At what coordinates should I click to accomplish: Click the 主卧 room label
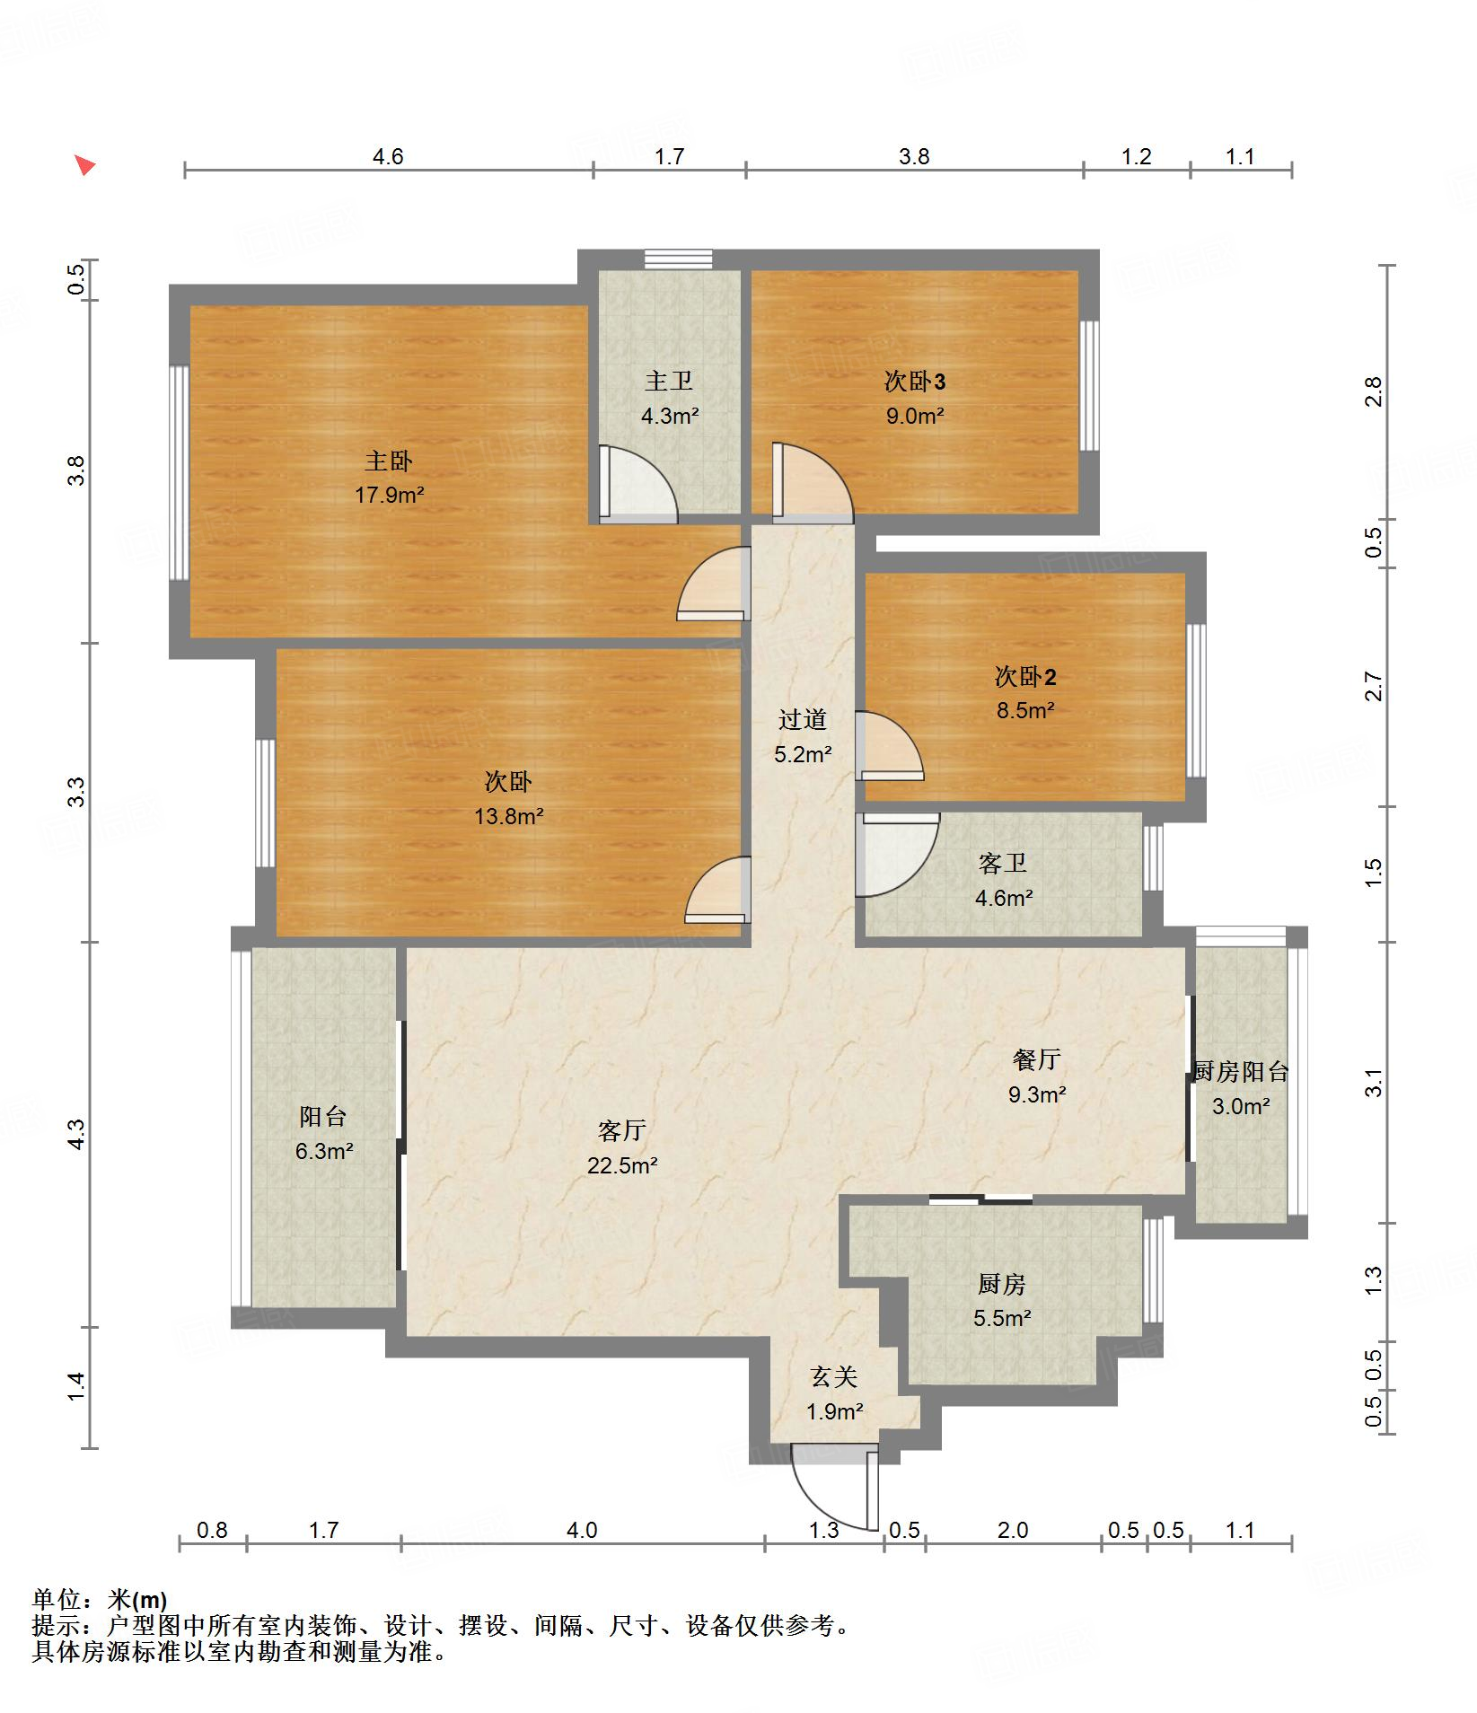[388, 461]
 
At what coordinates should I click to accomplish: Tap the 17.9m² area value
[389, 495]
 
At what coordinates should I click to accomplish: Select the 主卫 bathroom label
[669, 382]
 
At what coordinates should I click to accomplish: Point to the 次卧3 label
[915, 382]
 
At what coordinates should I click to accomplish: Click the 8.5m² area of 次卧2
[1024, 710]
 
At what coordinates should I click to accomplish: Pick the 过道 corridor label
[803, 720]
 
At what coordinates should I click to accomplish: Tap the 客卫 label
[1003, 864]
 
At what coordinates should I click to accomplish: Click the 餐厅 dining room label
[1037, 1060]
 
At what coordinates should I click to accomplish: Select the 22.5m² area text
[622, 1165]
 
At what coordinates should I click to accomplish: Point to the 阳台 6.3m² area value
[324, 1151]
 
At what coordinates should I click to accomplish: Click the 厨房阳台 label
[1241, 1072]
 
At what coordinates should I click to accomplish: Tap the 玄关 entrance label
[834, 1376]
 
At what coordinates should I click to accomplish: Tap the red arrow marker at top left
[84, 165]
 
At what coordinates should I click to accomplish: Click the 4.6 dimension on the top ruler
[388, 157]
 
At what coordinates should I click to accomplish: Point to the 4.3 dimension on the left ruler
[77, 1134]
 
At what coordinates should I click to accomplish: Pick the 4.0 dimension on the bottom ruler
[582, 1530]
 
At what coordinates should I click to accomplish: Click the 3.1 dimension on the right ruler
[1374, 1084]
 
